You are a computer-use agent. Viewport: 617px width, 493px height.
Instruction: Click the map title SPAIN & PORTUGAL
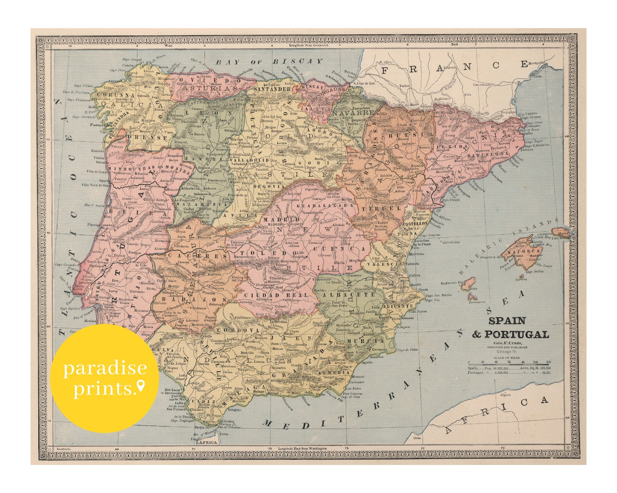(x=510, y=328)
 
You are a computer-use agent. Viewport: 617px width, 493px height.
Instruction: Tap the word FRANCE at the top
(x=455, y=68)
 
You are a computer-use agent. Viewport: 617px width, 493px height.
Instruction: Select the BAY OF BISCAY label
(x=269, y=62)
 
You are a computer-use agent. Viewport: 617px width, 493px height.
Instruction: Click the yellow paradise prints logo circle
(x=105, y=378)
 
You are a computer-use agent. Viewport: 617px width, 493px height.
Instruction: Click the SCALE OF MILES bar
(x=509, y=361)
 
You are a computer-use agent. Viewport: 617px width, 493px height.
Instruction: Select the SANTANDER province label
(x=277, y=89)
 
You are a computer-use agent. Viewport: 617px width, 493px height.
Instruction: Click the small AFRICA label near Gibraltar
(x=208, y=442)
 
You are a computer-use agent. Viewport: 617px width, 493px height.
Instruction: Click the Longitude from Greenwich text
(x=309, y=45)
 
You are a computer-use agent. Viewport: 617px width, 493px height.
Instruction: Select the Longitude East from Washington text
(x=302, y=448)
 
